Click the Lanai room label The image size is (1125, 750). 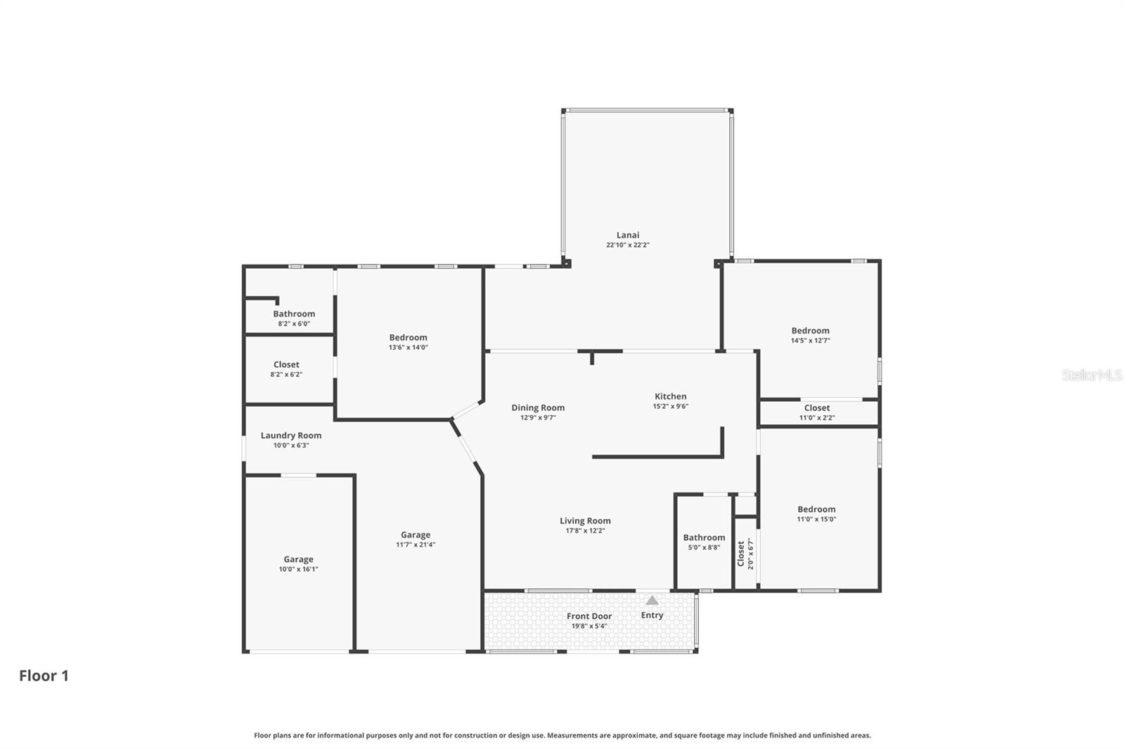coord(628,235)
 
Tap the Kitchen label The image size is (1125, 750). coord(670,396)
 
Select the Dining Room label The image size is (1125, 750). coord(538,407)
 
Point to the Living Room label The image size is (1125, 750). coord(585,521)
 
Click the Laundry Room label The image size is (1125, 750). coord(291,436)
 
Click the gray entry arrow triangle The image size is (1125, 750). coord(652,600)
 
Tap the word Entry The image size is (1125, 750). coord(652,615)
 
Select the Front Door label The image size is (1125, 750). coord(589,616)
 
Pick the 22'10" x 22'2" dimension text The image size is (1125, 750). coord(628,245)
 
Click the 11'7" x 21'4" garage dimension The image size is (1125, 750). coord(416,545)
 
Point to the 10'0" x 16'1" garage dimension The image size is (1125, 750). coord(299,569)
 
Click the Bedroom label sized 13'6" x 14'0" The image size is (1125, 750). coord(408,338)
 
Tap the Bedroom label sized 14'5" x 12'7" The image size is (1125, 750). coord(810,331)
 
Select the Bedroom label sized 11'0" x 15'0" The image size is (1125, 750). coord(816,509)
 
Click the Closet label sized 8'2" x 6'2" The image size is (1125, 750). coord(286,364)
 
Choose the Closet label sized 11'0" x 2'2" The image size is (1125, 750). coord(817,408)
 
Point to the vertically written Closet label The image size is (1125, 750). coord(740,554)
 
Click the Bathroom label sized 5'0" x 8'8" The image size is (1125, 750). coord(704,538)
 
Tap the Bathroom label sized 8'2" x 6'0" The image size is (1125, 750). coord(294,314)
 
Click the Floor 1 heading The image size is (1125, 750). coord(44,675)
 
